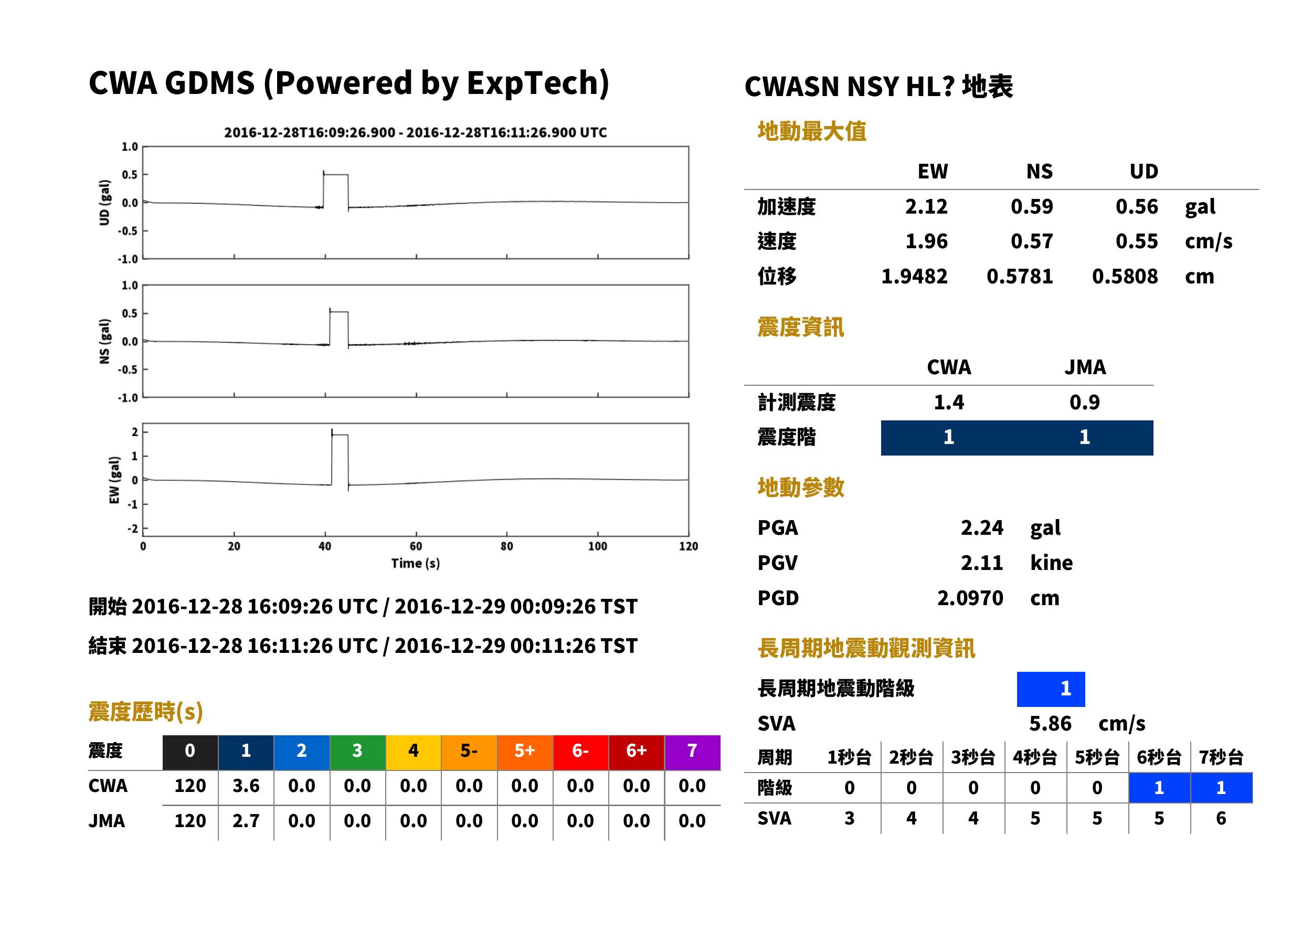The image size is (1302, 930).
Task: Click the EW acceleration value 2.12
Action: point(926,207)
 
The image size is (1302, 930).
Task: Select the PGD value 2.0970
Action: point(970,598)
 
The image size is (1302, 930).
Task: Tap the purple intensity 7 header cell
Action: point(692,752)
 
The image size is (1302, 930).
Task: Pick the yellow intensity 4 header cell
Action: point(414,752)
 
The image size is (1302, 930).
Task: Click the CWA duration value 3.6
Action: point(246,786)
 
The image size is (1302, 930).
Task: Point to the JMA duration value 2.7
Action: point(246,821)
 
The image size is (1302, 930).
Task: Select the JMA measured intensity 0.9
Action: point(1084,402)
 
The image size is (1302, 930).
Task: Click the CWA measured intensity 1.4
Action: point(949,402)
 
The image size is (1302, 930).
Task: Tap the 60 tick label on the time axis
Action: point(416,546)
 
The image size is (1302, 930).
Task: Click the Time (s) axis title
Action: point(416,564)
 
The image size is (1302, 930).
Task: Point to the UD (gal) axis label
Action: point(104,203)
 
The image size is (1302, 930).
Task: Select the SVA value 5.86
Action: point(1050,724)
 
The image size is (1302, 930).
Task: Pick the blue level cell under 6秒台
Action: point(1159,788)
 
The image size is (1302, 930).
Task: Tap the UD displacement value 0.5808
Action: point(1125,277)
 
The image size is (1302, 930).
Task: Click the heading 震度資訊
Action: point(800,327)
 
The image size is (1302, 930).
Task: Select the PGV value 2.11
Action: point(982,563)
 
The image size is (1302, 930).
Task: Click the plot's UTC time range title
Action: point(416,132)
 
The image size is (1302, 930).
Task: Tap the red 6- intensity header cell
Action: point(580,752)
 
